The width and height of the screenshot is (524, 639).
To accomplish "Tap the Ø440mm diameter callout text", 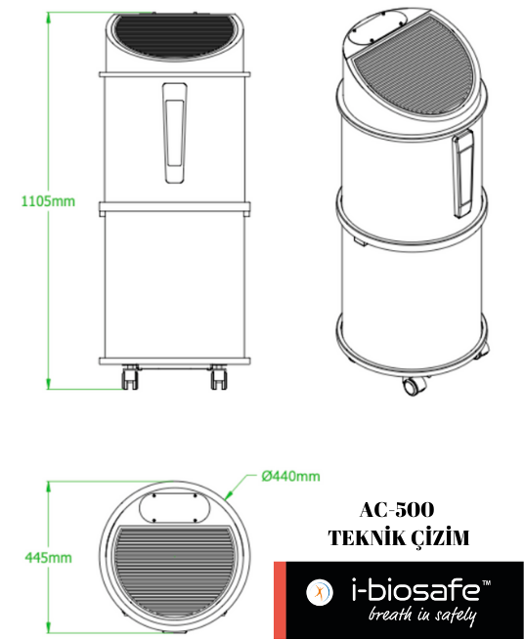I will coord(290,477).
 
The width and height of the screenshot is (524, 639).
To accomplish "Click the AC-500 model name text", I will coord(397,510).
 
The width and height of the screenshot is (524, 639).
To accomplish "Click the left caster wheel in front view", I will coord(128,376).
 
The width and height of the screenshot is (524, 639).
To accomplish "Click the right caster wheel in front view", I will coord(219,376).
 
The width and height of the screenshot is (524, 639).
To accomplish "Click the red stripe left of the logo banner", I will coord(279,600).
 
